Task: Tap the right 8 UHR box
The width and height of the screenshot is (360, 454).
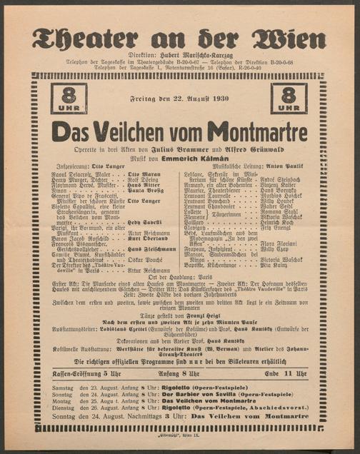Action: [x=290, y=99]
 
